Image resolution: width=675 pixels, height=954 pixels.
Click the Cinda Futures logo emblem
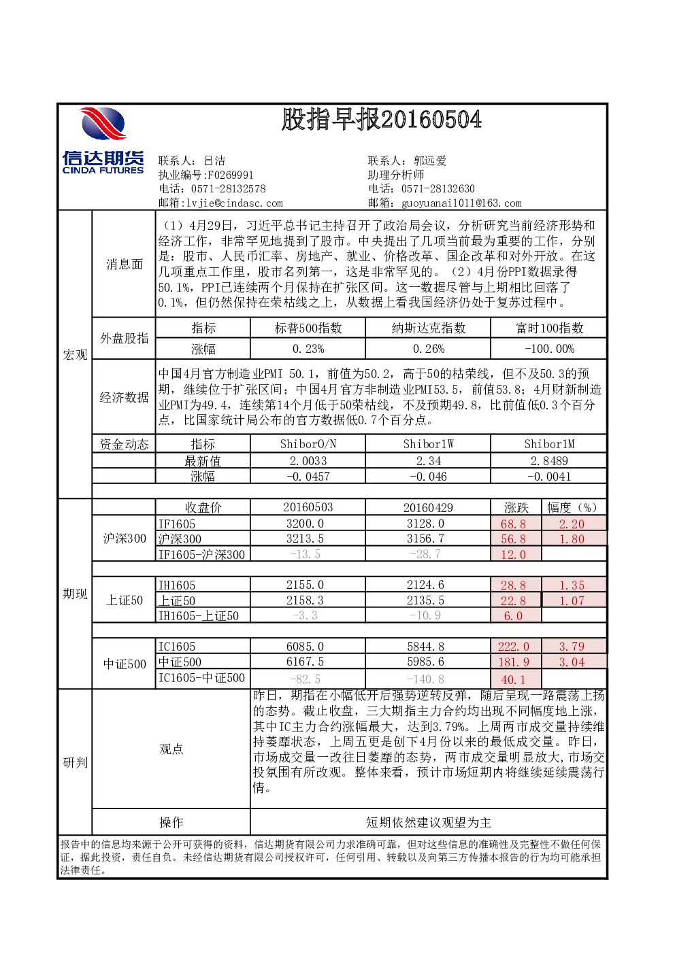[x=103, y=124]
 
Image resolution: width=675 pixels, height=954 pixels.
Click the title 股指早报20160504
[x=382, y=119]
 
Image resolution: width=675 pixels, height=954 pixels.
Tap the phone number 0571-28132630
[x=438, y=188]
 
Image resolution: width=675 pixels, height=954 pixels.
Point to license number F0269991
[x=231, y=175]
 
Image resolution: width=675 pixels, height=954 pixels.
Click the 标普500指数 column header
[x=308, y=328]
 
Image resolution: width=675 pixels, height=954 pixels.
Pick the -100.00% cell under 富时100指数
[x=549, y=350]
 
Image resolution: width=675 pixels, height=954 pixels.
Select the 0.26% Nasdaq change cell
[x=428, y=350]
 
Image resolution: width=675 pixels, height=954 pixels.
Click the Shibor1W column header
[x=428, y=444]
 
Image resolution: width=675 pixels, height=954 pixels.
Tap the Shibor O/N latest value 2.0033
[x=308, y=461]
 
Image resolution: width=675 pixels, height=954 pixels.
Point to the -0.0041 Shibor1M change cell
[x=549, y=477]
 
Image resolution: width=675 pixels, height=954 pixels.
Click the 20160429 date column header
[x=428, y=508]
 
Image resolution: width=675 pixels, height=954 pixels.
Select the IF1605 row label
[x=177, y=524]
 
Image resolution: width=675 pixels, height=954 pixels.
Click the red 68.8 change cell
[x=514, y=524]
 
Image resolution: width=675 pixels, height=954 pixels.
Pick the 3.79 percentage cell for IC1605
[x=572, y=647]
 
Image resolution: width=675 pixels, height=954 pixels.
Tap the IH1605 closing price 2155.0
[x=305, y=585]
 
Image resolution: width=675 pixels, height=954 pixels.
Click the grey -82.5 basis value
[x=305, y=679]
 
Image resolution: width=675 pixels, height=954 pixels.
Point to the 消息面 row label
[x=124, y=264]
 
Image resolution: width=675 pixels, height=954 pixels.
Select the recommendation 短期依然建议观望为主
[x=428, y=822]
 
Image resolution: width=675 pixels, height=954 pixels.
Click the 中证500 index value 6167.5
[x=305, y=662]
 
